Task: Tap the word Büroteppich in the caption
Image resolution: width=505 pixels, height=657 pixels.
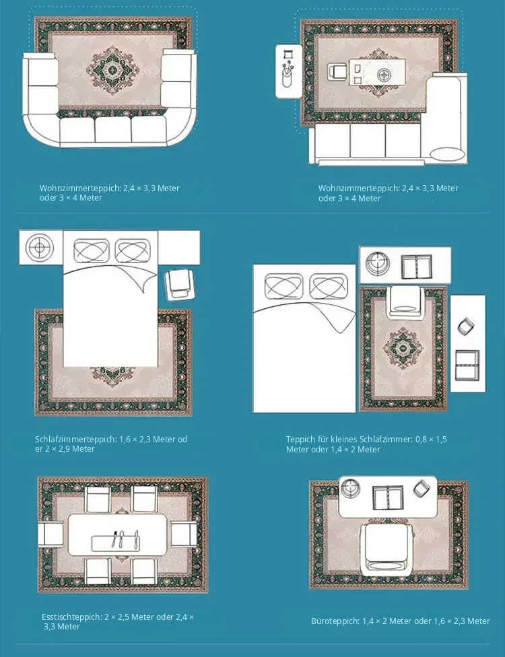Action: [x=335, y=621]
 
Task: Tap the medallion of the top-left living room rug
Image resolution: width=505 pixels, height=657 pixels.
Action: [x=112, y=70]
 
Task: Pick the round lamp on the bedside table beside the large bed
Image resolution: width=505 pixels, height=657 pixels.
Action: [x=40, y=247]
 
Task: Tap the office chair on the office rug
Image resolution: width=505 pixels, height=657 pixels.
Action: [x=386, y=549]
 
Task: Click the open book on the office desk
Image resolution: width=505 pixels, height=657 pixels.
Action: [x=388, y=497]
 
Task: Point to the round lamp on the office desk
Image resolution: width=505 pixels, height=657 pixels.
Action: [x=350, y=488]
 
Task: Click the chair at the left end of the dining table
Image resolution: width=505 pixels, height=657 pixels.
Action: [x=50, y=534]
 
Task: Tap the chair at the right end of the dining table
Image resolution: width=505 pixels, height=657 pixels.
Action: [x=184, y=534]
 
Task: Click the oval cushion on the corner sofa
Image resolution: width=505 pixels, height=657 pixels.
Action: [x=448, y=154]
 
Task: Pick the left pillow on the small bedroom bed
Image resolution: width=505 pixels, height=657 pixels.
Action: [x=283, y=287]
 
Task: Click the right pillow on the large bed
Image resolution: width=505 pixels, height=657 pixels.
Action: [x=133, y=250]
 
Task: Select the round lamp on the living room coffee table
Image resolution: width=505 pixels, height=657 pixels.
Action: [x=383, y=75]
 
